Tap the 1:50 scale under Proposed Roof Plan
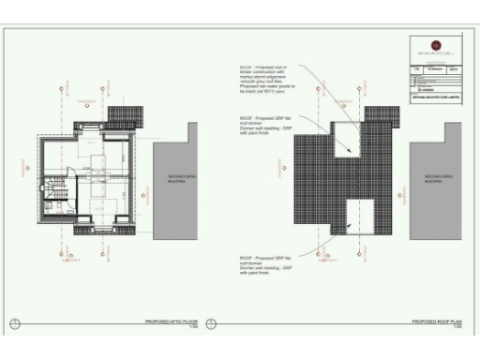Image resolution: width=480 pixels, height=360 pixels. [457, 327]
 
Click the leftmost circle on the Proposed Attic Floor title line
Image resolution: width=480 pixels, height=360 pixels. [14, 324]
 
